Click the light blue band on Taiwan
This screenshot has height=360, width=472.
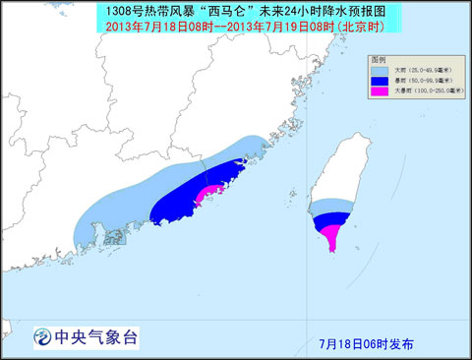pyautogui.click(x=329, y=205)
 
